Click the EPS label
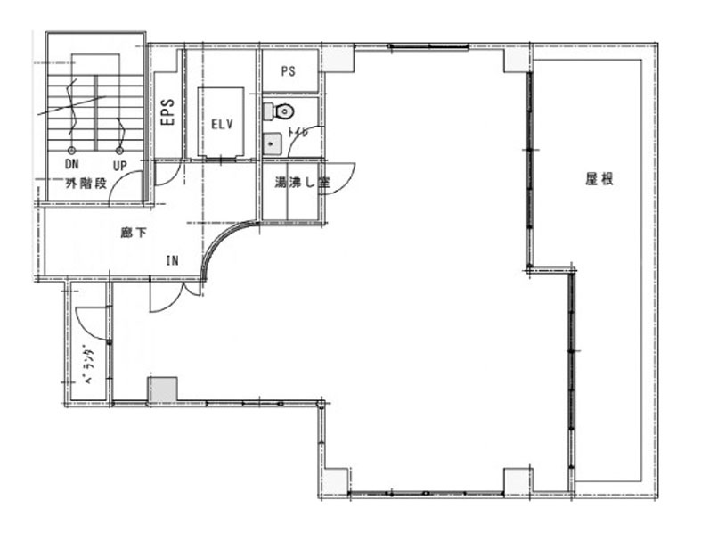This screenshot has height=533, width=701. click(167, 112)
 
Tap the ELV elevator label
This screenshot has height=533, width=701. click(222, 124)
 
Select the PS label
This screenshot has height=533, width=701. click(289, 71)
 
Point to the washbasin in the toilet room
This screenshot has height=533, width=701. click(272, 144)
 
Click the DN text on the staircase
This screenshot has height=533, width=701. click(71, 164)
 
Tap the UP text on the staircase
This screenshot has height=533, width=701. click(120, 166)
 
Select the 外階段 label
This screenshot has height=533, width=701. click(86, 183)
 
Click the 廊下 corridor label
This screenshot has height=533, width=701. click(133, 233)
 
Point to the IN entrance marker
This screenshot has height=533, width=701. click(173, 260)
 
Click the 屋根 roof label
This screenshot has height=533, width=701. click(599, 179)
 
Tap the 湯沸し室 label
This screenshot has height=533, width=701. click(302, 183)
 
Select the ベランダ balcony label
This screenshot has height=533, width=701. click(89, 364)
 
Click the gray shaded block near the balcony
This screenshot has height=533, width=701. click(163, 389)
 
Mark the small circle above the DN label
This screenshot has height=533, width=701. click(70, 151)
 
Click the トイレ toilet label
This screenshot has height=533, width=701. click(298, 133)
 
